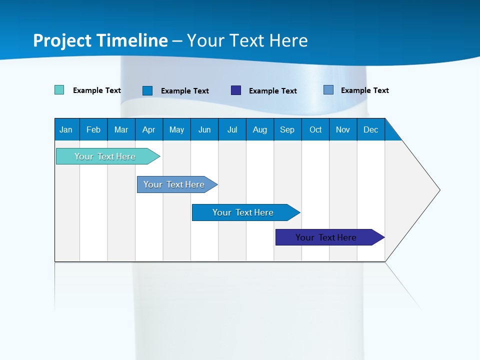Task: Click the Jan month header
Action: click(x=66, y=129)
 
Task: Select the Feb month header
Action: click(x=93, y=129)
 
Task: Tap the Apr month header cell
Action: click(x=149, y=129)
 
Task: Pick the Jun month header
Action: click(x=204, y=129)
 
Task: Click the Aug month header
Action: click(x=260, y=129)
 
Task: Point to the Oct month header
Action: click(x=315, y=129)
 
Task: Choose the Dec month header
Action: click(x=371, y=129)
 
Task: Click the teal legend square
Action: click(x=59, y=90)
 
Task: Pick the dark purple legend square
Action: click(x=236, y=90)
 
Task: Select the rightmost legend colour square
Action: click(x=328, y=90)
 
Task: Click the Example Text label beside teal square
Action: click(x=97, y=90)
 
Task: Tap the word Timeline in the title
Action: click(x=131, y=40)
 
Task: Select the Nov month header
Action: click(x=343, y=129)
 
